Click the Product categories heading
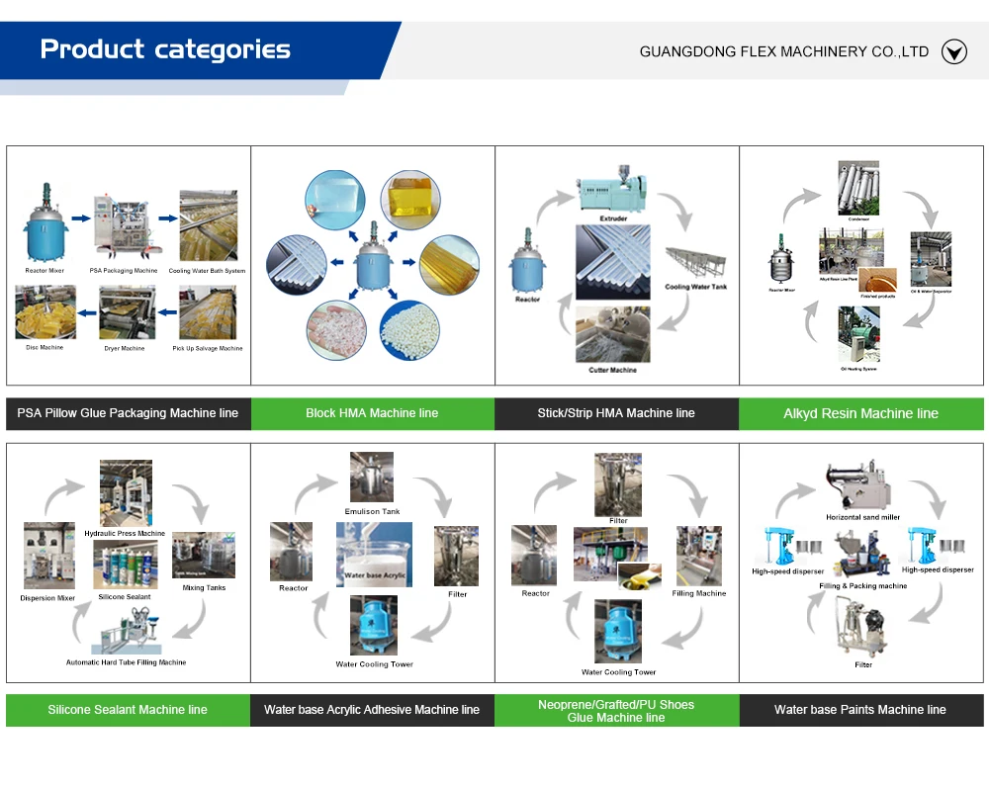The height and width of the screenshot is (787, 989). (x=165, y=49)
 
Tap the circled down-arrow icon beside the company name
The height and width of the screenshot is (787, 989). (x=953, y=51)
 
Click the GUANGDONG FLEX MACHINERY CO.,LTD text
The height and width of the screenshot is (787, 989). (x=783, y=51)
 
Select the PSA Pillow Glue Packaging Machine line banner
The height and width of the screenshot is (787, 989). (x=128, y=413)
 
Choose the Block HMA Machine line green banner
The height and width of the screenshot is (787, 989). (x=372, y=413)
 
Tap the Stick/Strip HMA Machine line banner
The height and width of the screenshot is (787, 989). (x=616, y=413)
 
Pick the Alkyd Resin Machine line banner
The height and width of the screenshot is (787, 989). (x=860, y=413)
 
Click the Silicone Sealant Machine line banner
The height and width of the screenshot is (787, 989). (x=128, y=710)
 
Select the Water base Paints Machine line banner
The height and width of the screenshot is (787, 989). (x=860, y=710)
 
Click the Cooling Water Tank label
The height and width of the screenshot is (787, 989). (x=696, y=287)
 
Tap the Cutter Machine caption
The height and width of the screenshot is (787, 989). (x=613, y=370)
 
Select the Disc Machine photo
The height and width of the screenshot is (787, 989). (x=45, y=311)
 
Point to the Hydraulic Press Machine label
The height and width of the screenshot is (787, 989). (x=125, y=534)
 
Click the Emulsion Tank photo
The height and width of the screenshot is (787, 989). (x=372, y=478)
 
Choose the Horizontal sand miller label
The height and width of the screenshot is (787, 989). (x=862, y=517)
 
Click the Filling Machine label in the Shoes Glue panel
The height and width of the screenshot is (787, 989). (x=698, y=593)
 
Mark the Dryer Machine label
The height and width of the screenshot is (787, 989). (x=125, y=348)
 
